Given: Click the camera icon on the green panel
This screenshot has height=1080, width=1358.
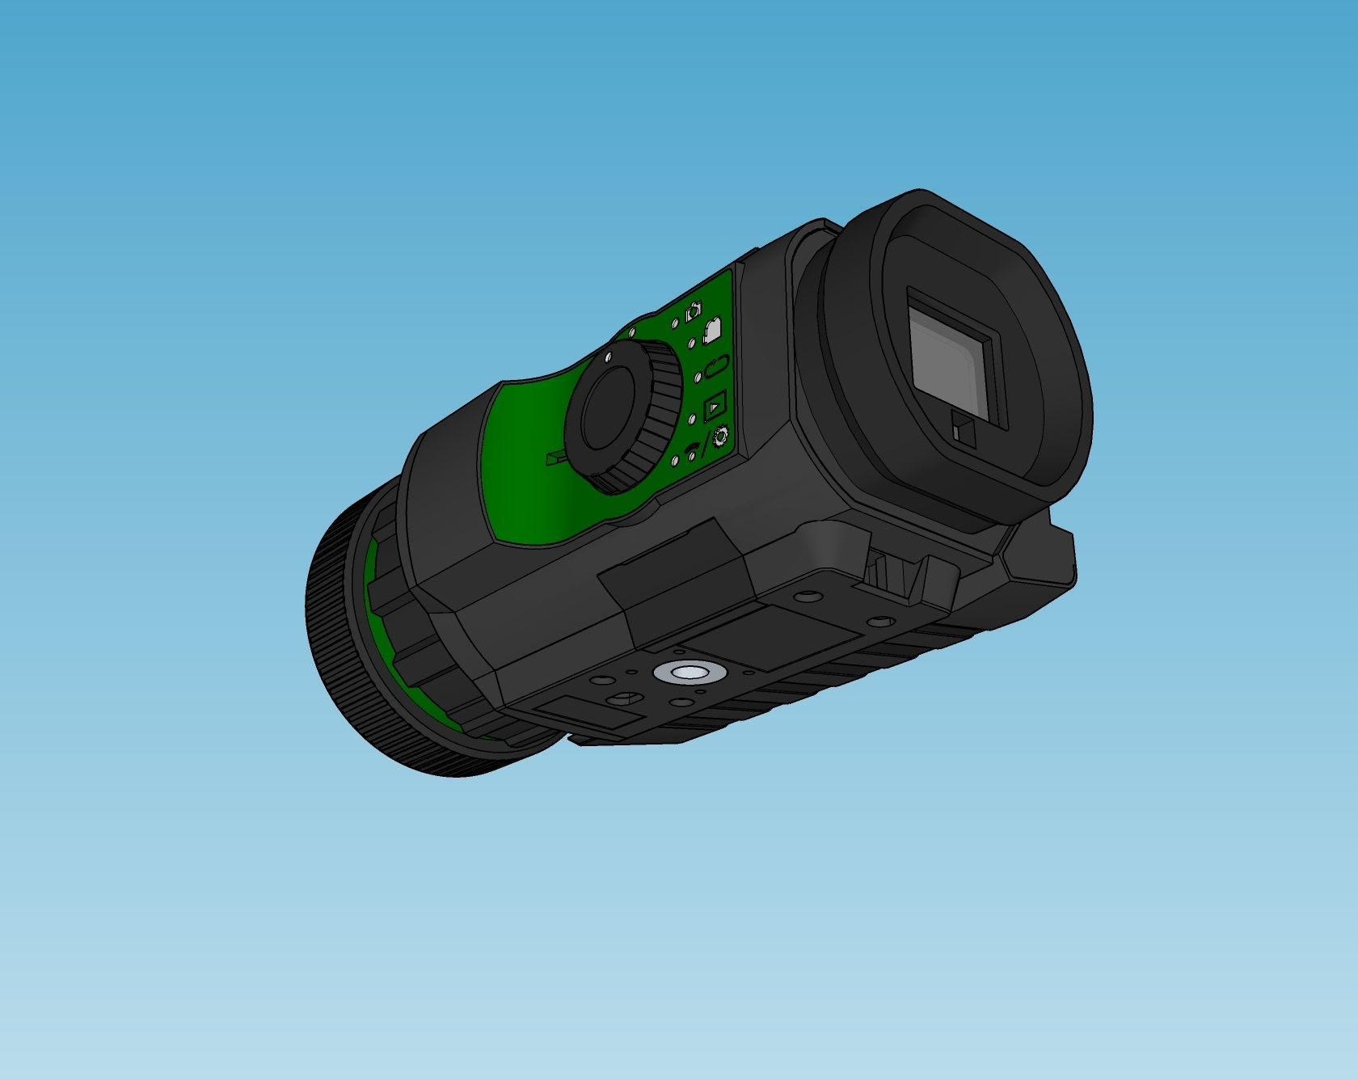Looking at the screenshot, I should (693, 311).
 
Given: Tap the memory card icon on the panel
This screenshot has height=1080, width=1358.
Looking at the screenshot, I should (713, 330).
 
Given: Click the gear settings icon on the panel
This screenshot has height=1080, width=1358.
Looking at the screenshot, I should (719, 436).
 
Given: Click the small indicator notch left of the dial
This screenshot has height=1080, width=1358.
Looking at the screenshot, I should (554, 458).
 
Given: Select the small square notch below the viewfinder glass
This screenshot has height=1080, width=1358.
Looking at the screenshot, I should (964, 428).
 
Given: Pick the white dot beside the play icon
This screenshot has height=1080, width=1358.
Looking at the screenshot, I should (692, 419).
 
